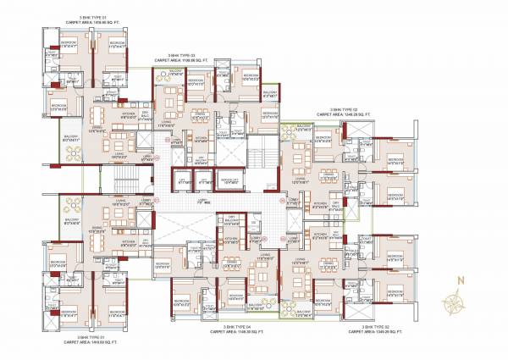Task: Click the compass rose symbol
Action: (x=458, y=297)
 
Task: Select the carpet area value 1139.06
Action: (x=188, y=61)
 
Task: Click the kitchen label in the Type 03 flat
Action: (x=201, y=136)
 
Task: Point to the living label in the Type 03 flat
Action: (x=167, y=125)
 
